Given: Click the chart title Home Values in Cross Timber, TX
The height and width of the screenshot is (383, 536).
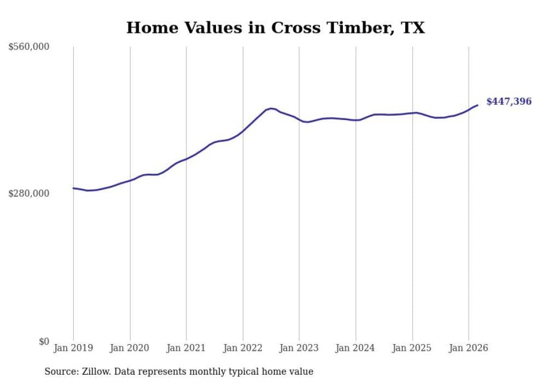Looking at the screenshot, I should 275,28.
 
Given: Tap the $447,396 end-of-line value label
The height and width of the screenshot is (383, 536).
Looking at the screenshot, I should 508,101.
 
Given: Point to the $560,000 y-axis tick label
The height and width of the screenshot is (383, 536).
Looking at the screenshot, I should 29,47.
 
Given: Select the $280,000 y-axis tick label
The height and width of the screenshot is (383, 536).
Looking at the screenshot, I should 29,193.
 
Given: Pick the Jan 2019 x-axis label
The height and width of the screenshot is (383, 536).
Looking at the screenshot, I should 73,348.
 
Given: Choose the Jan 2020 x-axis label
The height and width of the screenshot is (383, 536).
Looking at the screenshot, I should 130,348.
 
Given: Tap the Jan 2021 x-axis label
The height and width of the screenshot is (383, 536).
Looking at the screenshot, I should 187,348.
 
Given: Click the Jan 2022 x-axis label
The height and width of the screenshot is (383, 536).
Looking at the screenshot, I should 243,348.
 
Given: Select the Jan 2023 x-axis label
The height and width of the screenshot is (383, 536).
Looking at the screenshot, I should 299,348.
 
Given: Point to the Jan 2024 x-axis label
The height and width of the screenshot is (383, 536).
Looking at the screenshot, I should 356,348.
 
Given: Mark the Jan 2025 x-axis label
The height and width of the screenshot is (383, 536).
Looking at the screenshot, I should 412,348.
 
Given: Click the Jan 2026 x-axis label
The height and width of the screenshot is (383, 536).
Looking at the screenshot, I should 469,348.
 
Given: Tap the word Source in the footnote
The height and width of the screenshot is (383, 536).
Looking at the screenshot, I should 60,371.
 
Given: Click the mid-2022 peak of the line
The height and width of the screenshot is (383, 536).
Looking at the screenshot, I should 271,108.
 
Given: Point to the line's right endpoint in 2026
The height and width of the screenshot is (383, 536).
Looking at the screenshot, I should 477,105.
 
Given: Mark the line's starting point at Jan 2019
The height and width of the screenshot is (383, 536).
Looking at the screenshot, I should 73,188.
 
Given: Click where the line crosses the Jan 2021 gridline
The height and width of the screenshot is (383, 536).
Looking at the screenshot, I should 187,159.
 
